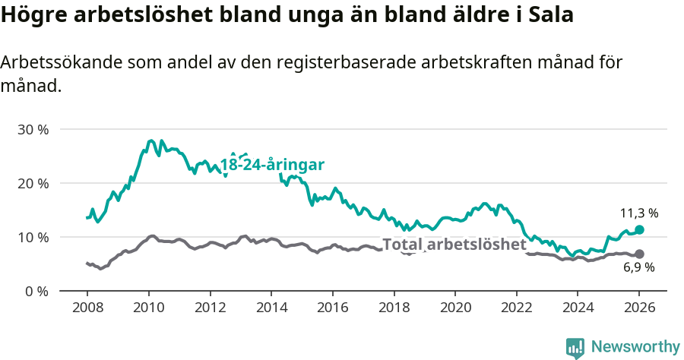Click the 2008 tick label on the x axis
[87, 309]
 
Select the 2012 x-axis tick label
[210, 309]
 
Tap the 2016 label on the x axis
[333, 309]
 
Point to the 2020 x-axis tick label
[455, 309]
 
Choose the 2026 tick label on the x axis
[639, 309]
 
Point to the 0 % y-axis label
[36, 291]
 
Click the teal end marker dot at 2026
[639, 229]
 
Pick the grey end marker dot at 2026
[639, 254]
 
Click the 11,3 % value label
[639, 213]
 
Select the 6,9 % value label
[639, 267]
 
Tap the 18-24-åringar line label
[273, 165]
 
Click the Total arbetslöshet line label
[454, 245]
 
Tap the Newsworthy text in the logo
[635, 347]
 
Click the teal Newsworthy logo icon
[575, 348]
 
